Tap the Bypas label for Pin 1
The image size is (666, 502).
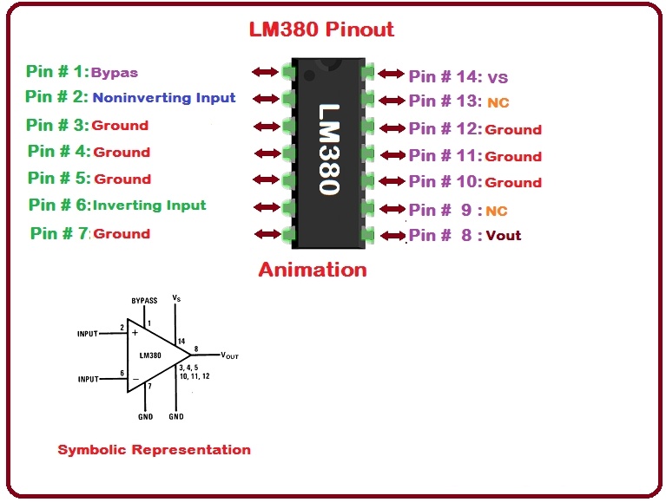pos(115,73)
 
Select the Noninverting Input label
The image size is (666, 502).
pos(164,98)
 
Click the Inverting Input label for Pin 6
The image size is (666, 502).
pos(149,205)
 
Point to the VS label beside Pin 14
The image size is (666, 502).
pos(498,77)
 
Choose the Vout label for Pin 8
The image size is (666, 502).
pos(504,236)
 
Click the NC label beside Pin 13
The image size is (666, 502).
pos(498,103)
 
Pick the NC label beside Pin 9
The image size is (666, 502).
pos(497,211)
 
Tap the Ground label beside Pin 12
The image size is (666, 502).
pos(513,130)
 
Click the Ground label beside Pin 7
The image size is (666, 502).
pos(122,234)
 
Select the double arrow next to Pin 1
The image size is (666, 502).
pos(264,72)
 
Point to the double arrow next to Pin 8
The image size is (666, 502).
pos(392,235)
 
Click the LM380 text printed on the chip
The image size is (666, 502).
pos(329,150)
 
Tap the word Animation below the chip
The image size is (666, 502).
pos(313,270)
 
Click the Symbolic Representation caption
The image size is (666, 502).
pos(154,450)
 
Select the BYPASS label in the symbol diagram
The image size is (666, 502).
pos(144,301)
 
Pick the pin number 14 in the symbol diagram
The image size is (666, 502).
pos(181,341)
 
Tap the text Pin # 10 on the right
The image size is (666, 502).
pos(445,182)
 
